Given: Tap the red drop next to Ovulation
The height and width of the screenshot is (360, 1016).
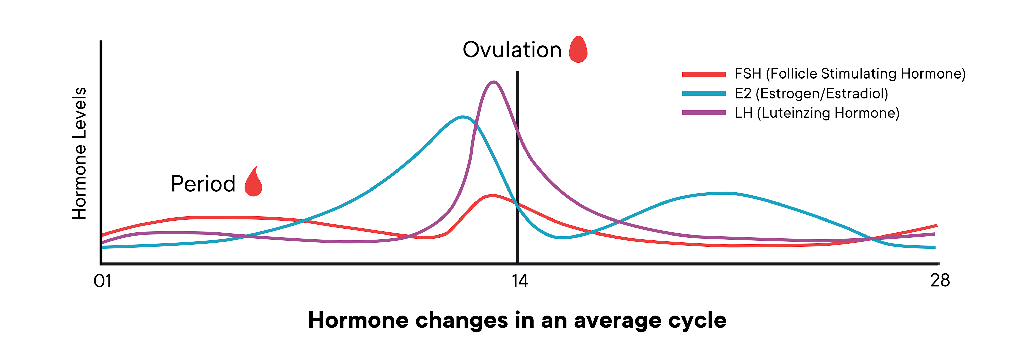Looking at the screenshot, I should tap(578, 50).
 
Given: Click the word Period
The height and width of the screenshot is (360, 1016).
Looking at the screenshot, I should tap(203, 184).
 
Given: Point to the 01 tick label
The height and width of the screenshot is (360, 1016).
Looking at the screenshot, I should tap(103, 281).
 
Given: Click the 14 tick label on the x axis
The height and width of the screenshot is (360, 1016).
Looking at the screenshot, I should tap(519, 281).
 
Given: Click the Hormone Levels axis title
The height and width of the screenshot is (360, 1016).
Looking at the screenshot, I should tap(79, 153).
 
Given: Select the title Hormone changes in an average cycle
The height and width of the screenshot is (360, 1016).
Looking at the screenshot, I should tap(517, 320).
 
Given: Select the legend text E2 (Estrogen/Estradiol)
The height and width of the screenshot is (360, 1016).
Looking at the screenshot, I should tap(811, 93).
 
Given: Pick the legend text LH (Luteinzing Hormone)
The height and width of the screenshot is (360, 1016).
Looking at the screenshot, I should tap(817, 113).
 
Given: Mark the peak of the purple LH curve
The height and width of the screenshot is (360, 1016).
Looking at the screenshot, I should tap(494, 82).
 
